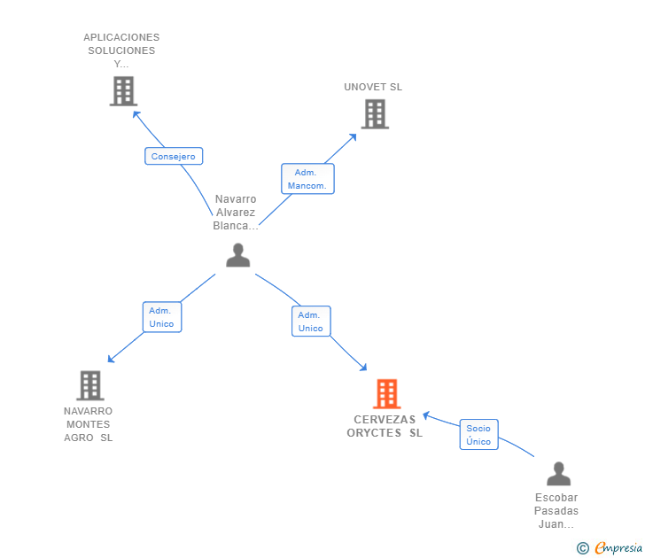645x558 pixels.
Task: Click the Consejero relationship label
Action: pos(174,156)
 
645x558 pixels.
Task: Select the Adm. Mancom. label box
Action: pos(307,179)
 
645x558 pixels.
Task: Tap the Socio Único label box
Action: pos(478,435)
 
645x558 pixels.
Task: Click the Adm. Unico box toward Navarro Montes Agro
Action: pos(162,317)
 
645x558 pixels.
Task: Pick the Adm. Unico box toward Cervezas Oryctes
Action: pos(311,322)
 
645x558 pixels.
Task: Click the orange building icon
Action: pos(386,394)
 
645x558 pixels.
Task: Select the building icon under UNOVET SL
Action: pos(375,114)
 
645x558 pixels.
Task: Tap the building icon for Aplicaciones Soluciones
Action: pos(123,91)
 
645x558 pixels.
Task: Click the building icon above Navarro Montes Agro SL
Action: pos(90,385)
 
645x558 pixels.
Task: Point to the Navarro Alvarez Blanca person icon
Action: pos(237,255)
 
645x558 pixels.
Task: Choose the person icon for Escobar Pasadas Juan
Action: pos(558,474)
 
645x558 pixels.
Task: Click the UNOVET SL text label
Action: pos(373,87)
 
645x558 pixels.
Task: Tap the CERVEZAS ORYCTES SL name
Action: pos(385,426)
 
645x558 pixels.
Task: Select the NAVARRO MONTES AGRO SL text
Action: pos(88,424)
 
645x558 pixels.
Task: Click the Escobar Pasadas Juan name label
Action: pos(556,511)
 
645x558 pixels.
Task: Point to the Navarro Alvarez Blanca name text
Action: pos(236,213)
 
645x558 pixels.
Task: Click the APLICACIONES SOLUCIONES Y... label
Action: pos(121,50)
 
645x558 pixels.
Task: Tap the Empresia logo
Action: pos(610,547)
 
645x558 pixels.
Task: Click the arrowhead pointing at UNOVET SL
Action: pos(353,137)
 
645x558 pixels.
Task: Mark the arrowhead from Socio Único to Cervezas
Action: pos(426,415)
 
